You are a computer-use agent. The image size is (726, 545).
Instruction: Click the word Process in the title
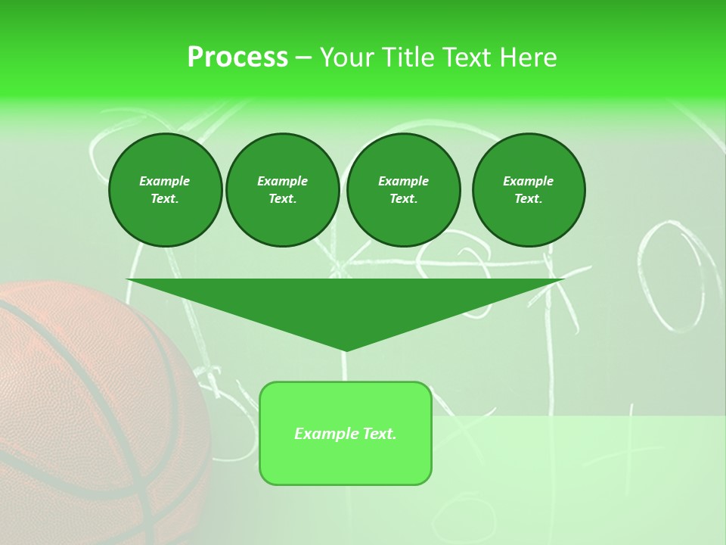coord(237,57)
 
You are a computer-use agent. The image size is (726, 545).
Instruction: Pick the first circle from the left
coord(165,190)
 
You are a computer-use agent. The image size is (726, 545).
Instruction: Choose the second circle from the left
coord(282,190)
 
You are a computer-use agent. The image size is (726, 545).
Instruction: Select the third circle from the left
coord(403,190)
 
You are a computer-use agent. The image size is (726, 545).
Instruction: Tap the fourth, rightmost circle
coord(528,190)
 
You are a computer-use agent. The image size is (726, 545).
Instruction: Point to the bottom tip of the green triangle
coord(345,350)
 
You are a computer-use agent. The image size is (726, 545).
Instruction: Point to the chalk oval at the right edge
coord(677,276)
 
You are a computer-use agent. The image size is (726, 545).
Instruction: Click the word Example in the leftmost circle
coord(165,181)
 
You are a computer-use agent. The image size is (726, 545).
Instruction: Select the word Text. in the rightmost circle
coord(528,199)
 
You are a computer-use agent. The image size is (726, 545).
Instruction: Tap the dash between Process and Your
coord(303,58)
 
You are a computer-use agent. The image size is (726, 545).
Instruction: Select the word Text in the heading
coord(465,57)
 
